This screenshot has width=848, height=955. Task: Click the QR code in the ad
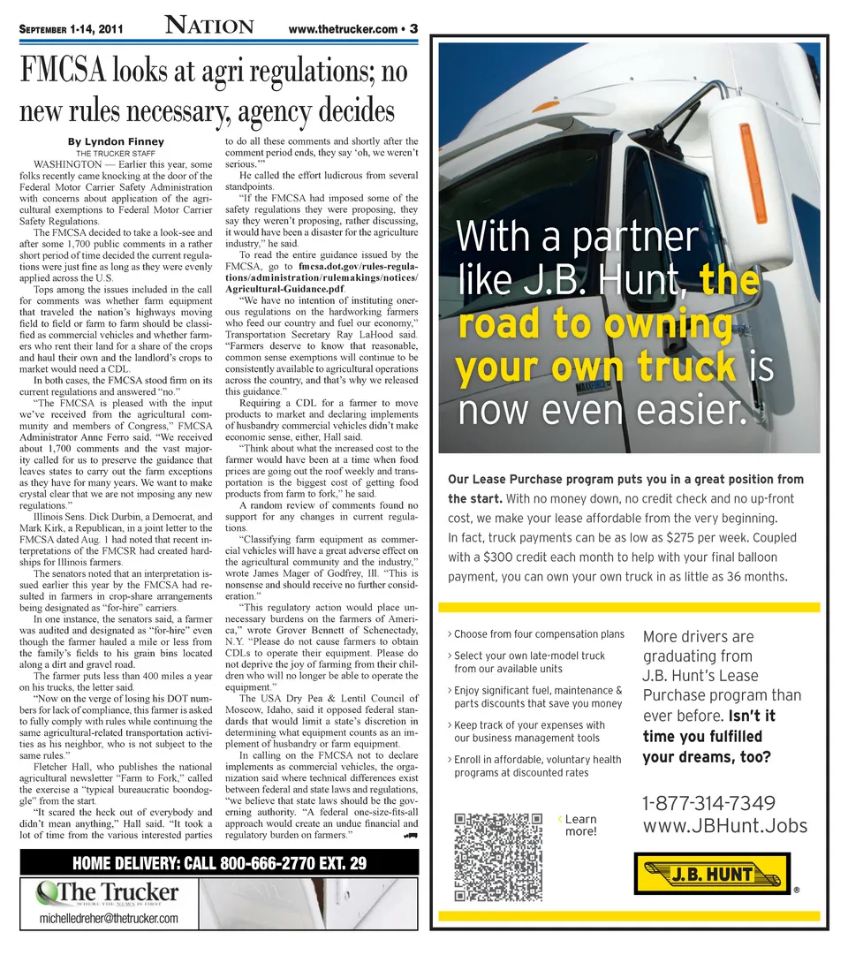tap(496, 857)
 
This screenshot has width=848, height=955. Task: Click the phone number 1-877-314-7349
tap(709, 803)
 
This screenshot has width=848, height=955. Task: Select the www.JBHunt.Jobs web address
tap(724, 826)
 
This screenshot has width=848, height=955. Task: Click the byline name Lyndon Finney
tap(116, 141)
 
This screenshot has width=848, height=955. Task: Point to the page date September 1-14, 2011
tap(71, 29)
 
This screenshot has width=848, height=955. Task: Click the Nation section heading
tap(209, 27)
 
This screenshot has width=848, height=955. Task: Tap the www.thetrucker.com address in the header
tap(343, 29)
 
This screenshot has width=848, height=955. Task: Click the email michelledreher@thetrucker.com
tap(110, 919)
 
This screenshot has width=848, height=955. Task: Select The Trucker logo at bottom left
tap(108, 893)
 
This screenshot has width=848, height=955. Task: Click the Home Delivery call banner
tap(220, 863)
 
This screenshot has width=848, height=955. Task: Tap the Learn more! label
tap(579, 825)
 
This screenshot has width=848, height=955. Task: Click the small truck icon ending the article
tap(410, 835)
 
